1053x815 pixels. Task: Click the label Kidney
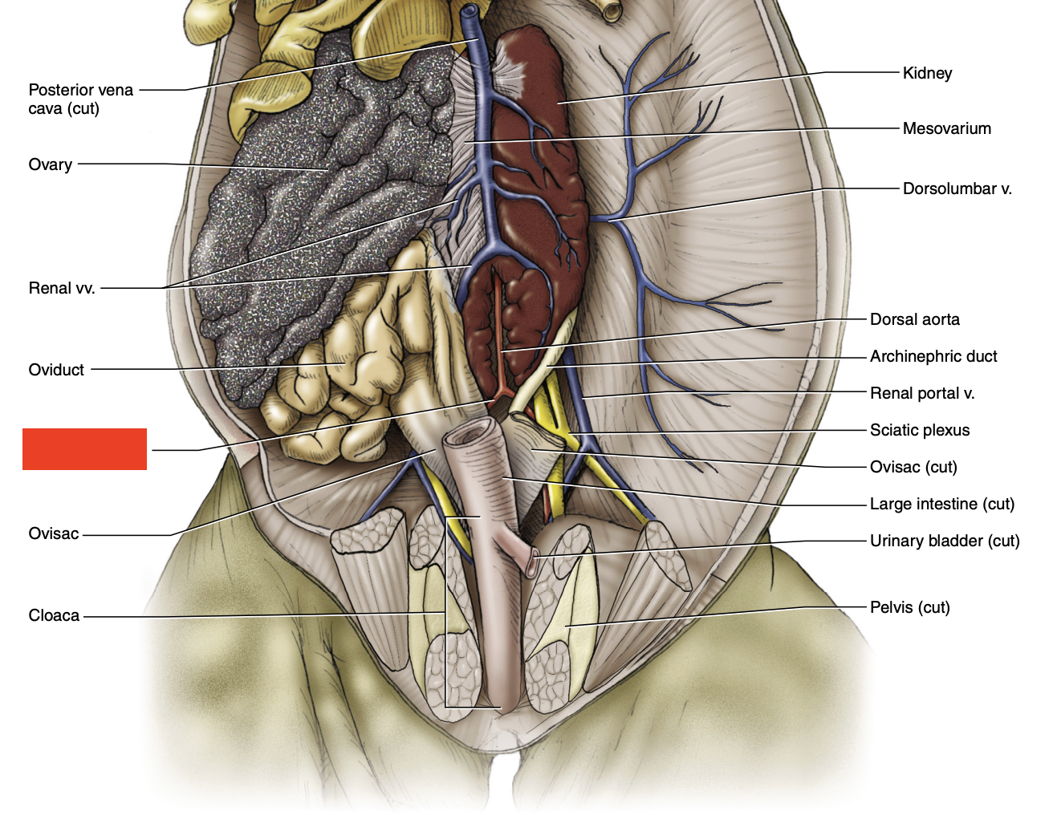coord(927,73)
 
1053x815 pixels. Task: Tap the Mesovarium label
coord(946,128)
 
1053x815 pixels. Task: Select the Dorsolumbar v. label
coord(957,189)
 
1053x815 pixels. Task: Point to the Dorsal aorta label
coord(914,319)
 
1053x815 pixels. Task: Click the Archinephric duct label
coord(933,356)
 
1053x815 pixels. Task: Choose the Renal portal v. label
coord(921,393)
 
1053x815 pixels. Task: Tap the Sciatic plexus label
coord(919,430)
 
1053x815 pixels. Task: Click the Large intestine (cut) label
coord(941,504)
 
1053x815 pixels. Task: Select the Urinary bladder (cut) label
coord(944,541)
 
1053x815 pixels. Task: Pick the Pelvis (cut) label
coord(909,607)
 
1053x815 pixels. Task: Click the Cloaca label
coord(54,615)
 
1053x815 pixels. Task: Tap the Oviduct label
coord(56,370)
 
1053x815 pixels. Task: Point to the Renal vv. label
coord(62,288)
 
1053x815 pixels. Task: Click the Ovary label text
coord(51,164)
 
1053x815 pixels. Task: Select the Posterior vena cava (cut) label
coord(80,99)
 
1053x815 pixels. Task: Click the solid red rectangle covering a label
coord(84,448)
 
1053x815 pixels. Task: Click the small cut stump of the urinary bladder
coord(531,562)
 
